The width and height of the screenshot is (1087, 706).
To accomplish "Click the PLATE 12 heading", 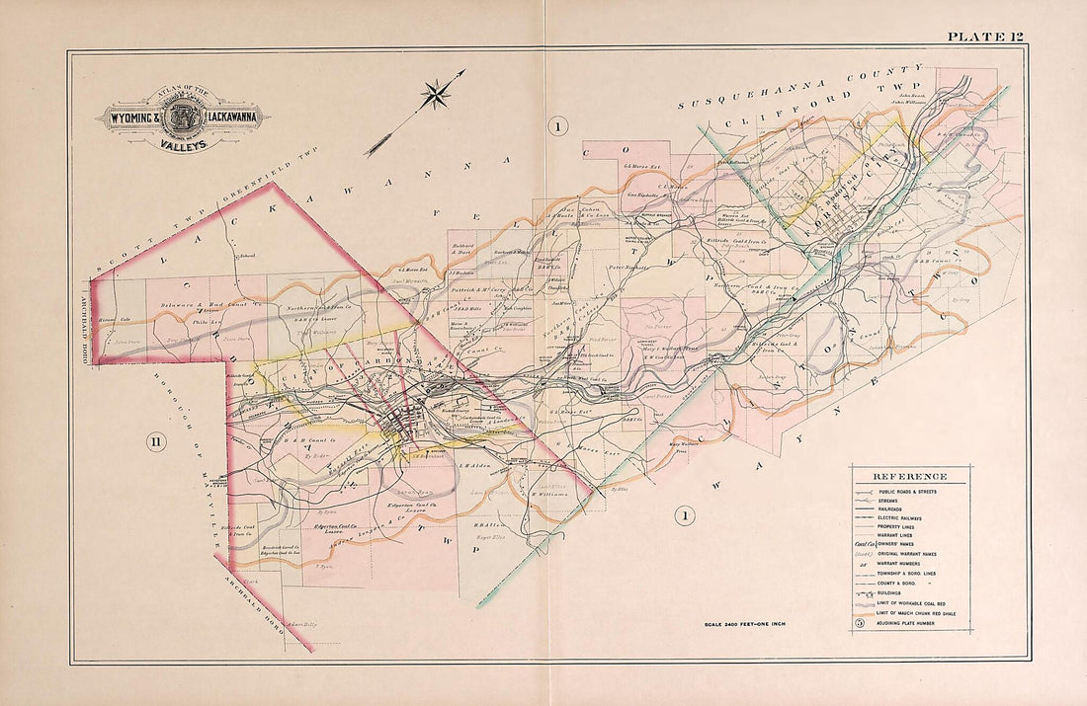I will pos(984,37).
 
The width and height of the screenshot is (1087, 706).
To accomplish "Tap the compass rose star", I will pos(435,96).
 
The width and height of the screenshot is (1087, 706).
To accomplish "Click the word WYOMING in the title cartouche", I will pos(130,118).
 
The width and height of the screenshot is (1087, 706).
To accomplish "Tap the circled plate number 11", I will pos(155,441).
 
